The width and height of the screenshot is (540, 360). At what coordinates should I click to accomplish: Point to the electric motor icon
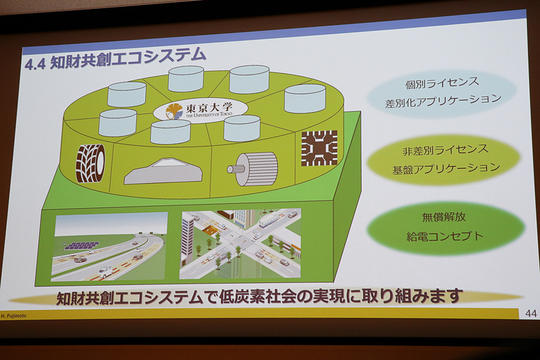click(252, 168)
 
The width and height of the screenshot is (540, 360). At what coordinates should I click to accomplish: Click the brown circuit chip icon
click(319, 148)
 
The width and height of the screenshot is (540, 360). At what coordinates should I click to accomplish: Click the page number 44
click(530, 313)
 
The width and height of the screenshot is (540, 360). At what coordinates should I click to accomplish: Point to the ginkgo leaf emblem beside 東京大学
click(173, 111)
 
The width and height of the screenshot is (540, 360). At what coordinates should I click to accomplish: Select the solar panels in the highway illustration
click(82, 245)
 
